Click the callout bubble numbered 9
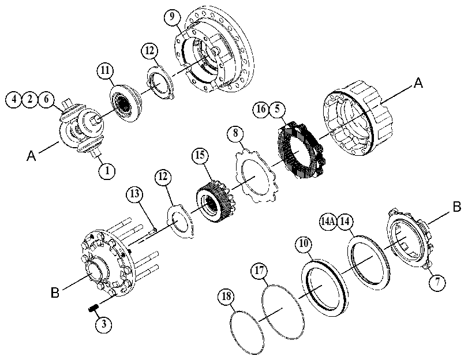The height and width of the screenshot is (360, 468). click(x=171, y=16)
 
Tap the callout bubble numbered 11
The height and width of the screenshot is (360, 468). click(x=105, y=71)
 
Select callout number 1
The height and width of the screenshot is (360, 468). click(x=107, y=171)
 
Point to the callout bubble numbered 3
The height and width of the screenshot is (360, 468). click(x=104, y=324)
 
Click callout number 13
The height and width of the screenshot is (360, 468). click(x=134, y=194)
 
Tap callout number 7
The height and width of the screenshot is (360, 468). click(x=437, y=282)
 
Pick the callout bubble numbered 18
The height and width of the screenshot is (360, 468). click(x=227, y=297)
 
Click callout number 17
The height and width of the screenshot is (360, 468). click(x=259, y=271)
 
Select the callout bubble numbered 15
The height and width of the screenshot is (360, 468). click(x=200, y=155)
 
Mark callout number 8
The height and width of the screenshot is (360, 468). click(x=235, y=133)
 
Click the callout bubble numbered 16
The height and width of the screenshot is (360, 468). click(x=261, y=109)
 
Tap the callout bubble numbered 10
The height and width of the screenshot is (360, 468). click(x=304, y=244)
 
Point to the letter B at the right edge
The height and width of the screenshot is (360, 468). click(x=456, y=207)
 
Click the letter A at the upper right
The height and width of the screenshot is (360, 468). click(x=418, y=82)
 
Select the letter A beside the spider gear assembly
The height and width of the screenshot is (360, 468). click(x=31, y=156)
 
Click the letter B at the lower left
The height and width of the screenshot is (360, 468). click(x=55, y=292)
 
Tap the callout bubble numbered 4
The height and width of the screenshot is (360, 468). click(x=14, y=99)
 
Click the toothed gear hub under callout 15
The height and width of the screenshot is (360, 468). click(x=215, y=201)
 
